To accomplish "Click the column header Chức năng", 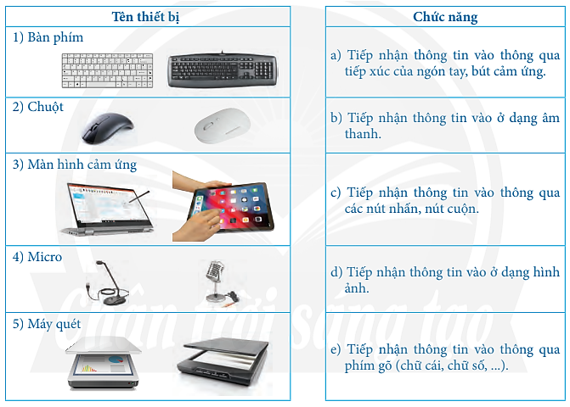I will (x=445, y=16).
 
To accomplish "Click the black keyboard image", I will (x=223, y=70).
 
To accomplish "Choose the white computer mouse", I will (x=223, y=128).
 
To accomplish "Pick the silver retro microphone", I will (x=213, y=280).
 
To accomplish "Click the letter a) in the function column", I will (x=336, y=55).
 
